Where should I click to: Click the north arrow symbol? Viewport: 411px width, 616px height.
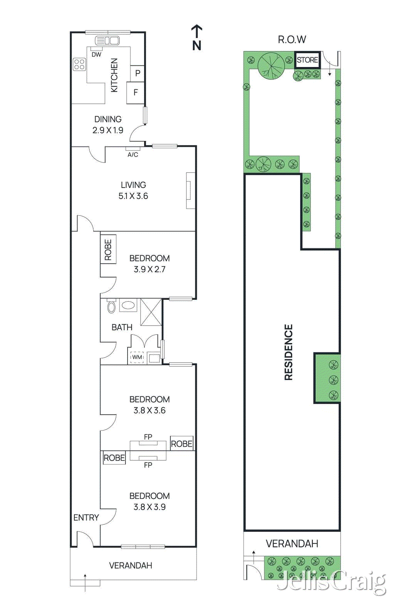(x=197, y=37)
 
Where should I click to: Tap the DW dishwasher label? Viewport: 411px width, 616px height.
(x=96, y=55)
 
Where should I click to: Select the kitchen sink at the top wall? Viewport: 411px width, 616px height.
(x=107, y=40)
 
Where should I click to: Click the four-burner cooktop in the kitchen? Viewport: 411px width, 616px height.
(x=80, y=64)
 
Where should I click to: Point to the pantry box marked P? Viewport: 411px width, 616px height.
(x=138, y=73)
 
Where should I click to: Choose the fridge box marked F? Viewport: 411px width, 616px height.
(x=136, y=92)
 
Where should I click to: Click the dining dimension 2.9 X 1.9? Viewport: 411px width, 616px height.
(x=108, y=130)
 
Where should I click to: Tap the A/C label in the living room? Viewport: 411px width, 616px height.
(x=133, y=155)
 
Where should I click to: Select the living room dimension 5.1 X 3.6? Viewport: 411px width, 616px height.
(x=133, y=196)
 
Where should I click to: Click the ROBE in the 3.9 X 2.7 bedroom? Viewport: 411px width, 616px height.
(x=108, y=249)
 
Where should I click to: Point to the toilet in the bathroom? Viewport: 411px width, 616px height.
(x=111, y=306)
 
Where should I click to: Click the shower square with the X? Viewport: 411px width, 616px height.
(x=151, y=312)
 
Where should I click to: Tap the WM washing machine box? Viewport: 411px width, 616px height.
(x=137, y=357)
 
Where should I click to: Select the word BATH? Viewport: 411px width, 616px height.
(x=122, y=327)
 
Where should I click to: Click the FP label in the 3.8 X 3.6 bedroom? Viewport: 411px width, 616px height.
(x=148, y=437)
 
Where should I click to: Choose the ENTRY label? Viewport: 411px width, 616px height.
(x=86, y=517)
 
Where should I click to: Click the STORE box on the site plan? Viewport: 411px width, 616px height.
(x=307, y=60)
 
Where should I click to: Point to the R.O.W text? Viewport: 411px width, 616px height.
(x=292, y=39)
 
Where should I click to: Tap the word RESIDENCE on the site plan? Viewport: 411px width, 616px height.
(x=289, y=352)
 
